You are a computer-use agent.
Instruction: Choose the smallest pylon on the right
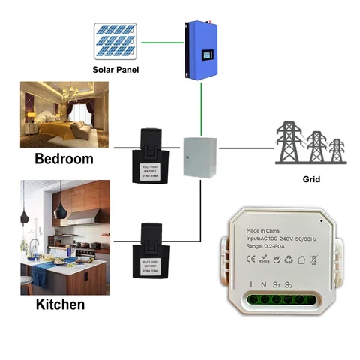point(338,151)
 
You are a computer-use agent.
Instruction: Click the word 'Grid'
point(312,181)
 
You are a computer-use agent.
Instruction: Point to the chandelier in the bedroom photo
point(72,94)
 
